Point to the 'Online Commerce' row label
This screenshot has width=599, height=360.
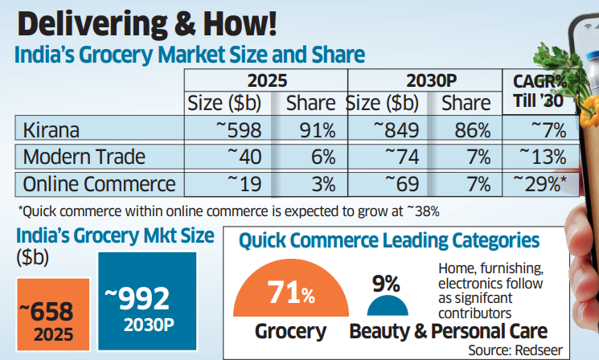tap(100, 183)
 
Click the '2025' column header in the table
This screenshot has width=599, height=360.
tap(265, 81)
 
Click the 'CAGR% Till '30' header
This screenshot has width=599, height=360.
tap(540, 92)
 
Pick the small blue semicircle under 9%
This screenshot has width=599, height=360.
tap(387, 305)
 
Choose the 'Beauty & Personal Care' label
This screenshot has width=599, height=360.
tap(448, 330)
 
